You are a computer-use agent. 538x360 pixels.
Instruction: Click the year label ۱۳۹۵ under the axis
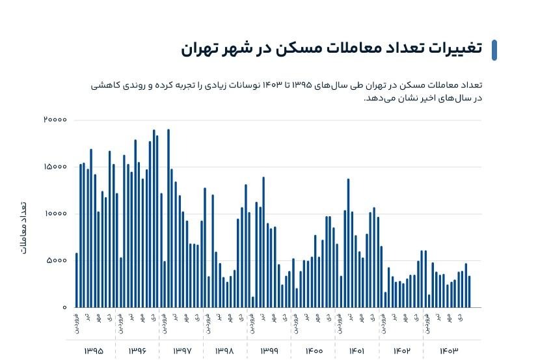(x=94, y=351)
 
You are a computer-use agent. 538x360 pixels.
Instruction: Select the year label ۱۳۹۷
(x=182, y=351)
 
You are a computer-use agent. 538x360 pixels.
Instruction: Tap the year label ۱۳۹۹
(x=269, y=351)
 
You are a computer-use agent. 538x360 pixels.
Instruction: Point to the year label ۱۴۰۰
(x=314, y=351)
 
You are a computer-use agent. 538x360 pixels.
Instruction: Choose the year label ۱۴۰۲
(x=401, y=351)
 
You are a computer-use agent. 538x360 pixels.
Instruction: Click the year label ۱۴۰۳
(x=448, y=351)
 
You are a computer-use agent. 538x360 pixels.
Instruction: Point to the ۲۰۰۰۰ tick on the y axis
(x=55, y=120)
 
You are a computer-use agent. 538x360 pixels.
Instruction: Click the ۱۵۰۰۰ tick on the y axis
(x=55, y=167)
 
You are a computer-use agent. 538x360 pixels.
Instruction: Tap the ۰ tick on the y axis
(x=64, y=307)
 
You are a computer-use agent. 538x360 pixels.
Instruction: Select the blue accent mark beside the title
(x=494, y=50)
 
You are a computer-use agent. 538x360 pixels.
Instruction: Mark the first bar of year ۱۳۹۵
(x=77, y=280)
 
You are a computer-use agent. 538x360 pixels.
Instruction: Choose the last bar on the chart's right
(x=470, y=292)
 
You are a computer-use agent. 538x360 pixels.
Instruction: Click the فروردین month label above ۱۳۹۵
(x=77, y=324)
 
